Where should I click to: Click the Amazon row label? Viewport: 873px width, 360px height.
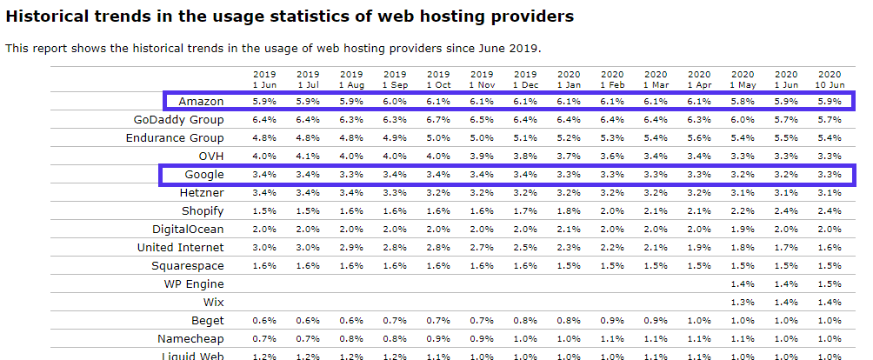pos(201,102)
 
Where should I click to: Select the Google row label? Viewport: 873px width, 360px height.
pos(204,175)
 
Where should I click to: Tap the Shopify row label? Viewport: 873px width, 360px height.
pos(203,211)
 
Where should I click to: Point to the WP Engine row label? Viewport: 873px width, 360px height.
pos(194,284)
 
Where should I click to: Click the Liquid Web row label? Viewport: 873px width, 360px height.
pos(194,355)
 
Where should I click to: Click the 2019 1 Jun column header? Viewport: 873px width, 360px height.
pos(264,79)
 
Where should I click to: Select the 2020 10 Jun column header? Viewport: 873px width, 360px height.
pos(830,79)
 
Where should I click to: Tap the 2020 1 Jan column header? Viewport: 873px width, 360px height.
pos(569,79)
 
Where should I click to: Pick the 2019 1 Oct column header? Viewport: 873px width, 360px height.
pos(438,79)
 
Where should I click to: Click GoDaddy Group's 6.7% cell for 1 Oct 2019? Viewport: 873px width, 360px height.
pos(438,120)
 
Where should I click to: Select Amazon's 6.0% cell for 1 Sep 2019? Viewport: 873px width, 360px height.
pos(395,102)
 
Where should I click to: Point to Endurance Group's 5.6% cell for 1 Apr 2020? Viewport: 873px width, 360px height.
pos(699,138)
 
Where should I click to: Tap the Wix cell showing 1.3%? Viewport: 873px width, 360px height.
pos(743,303)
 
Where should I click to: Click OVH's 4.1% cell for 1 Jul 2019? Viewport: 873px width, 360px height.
pos(308,157)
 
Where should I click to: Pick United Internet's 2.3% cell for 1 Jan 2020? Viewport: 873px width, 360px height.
pos(569,248)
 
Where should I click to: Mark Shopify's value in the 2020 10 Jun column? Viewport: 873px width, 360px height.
pos(830,211)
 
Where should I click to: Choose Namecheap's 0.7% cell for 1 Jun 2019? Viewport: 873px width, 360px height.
pos(264,338)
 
